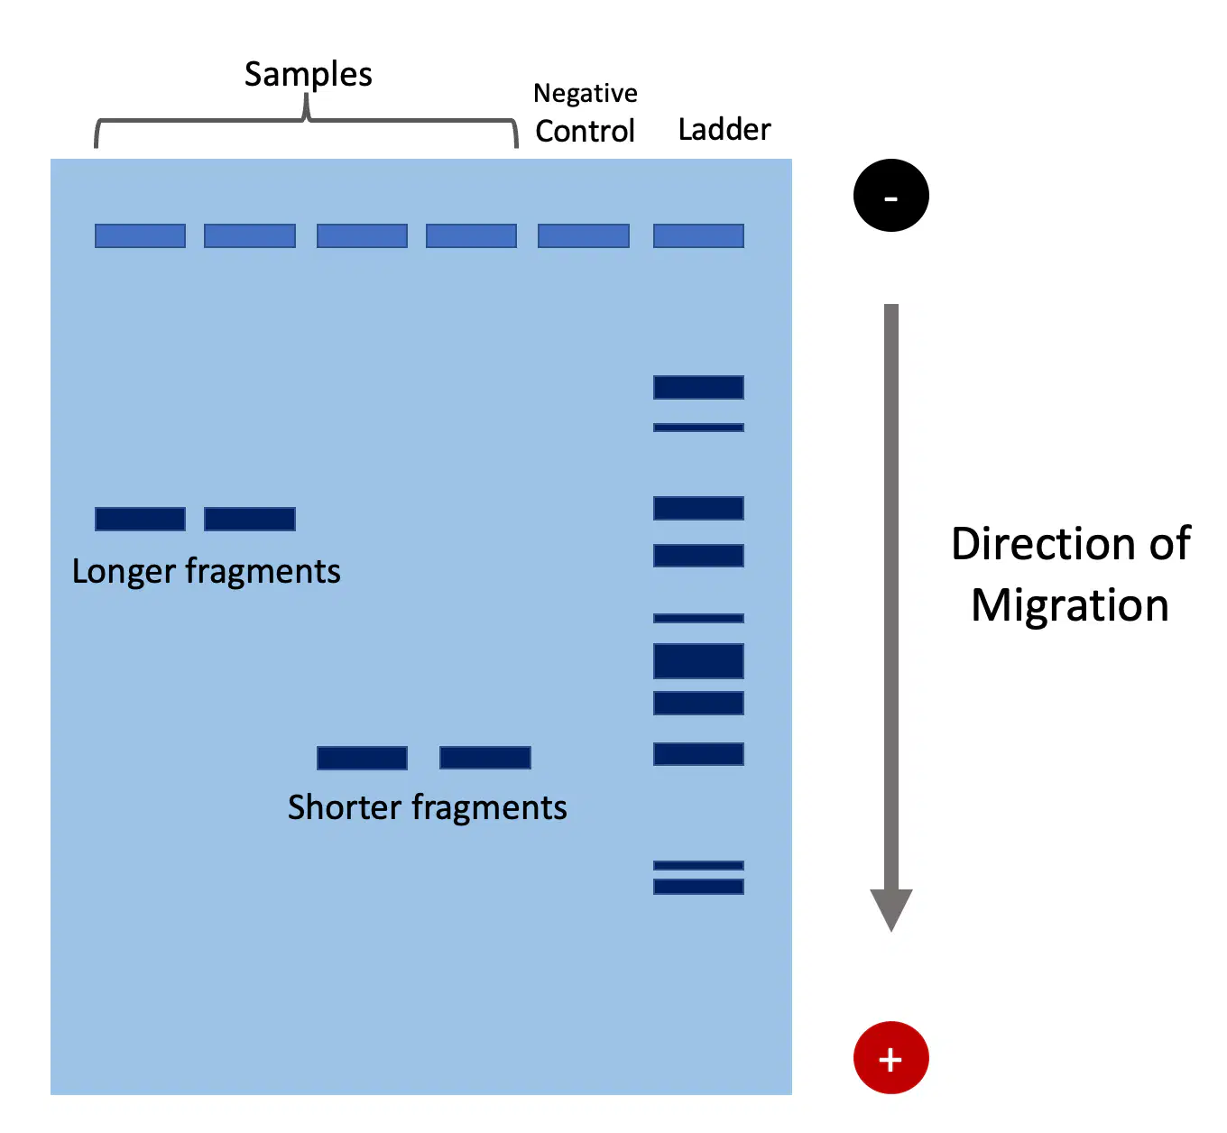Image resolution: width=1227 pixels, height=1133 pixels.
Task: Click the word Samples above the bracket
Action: (x=308, y=75)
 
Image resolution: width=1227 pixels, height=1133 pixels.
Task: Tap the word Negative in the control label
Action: (x=585, y=94)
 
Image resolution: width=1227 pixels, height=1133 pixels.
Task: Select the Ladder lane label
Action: (x=724, y=129)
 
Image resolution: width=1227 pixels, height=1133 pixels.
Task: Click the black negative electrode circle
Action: (x=890, y=195)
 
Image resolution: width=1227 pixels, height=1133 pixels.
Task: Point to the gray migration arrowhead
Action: (x=890, y=908)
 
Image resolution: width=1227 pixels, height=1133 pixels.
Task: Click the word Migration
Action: (x=1069, y=605)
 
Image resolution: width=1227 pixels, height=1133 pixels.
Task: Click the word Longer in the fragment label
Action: (x=124, y=571)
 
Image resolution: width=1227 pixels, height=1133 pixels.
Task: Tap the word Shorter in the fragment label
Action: (x=345, y=807)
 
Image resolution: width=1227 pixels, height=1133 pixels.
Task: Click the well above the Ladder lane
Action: (x=698, y=236)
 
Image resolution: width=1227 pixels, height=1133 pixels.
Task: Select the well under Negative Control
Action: (x=583, y=236)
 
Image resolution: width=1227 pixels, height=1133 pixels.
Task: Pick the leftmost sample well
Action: (x=140, y=236)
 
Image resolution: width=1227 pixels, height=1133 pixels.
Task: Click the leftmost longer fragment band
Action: (x=140, y=519)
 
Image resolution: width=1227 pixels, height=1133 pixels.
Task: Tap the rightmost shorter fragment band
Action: (x=485, y=758)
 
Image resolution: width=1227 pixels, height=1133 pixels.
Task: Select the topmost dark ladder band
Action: (x=698, y=387)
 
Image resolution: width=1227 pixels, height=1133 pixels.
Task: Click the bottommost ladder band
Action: (x=698, y=887)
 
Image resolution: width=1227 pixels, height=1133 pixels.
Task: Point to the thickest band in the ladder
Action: (x=698, y=661)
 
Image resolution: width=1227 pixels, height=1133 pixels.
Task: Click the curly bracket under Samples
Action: (x=307, y=119)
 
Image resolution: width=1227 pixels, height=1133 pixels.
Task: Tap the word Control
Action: (x=585, y=131)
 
